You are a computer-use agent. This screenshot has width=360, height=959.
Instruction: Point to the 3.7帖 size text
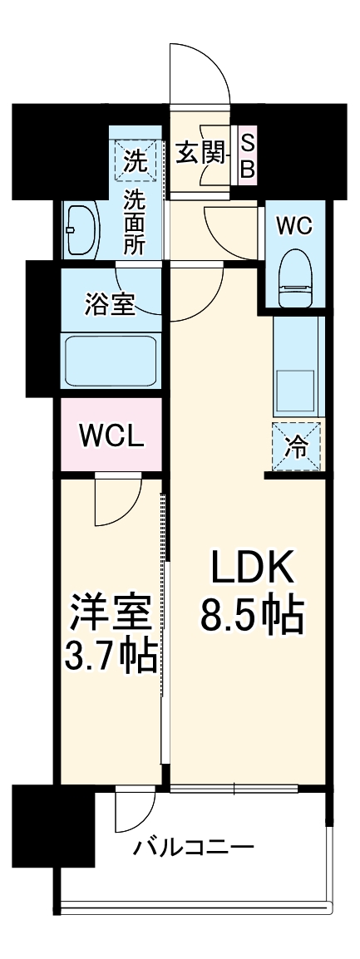(110, 657)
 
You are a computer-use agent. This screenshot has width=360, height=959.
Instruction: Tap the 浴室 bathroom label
(111, 304)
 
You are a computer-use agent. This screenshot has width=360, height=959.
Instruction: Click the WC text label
(294, 225)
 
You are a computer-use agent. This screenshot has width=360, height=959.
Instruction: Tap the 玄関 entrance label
(200, 152)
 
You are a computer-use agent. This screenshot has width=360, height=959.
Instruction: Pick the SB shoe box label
(247, 155)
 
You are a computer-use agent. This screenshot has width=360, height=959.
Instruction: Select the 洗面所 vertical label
(133, 221)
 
